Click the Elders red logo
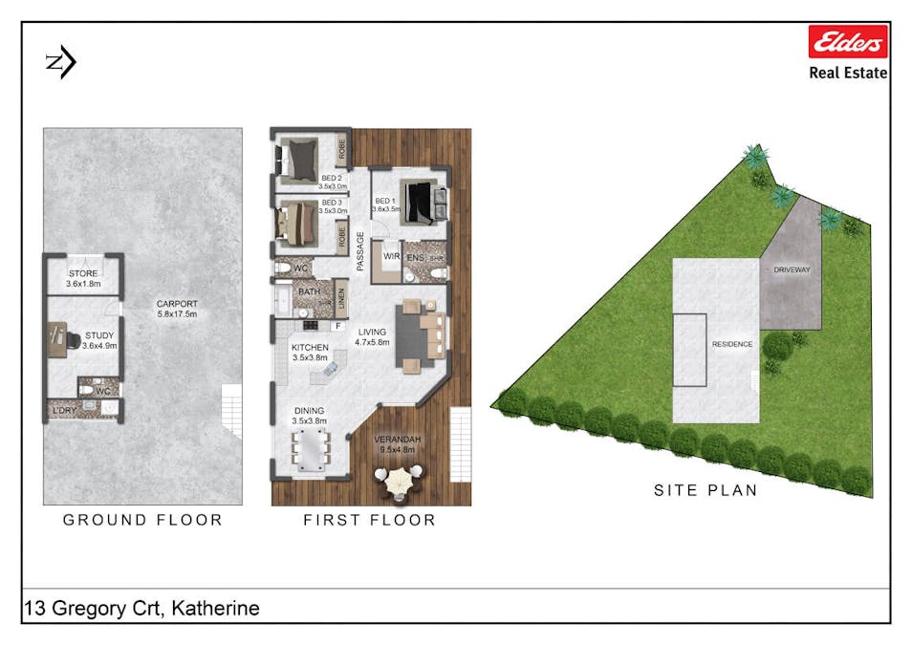(x=848, y=42)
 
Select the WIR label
(x=390, y=256)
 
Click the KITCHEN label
(x=310, y=347)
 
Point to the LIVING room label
(x=372, y=333)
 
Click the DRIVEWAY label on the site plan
(x=791, y=269)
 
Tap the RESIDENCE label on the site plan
(x=732, y=344)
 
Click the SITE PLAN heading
(x=706, y=490)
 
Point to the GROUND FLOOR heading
(x=142, y=520)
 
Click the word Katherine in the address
(x=215, y=609)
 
